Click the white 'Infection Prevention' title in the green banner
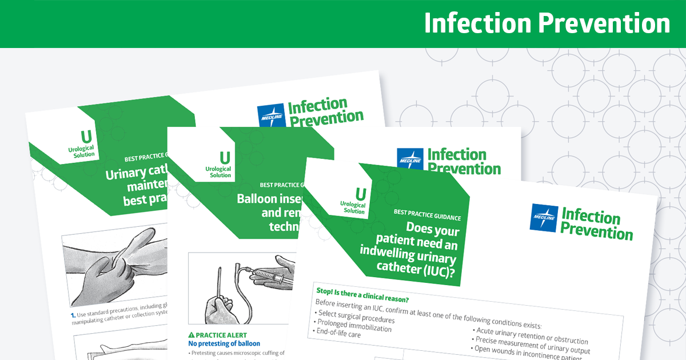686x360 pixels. [x=547, y=24]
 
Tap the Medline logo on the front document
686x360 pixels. [x=544, y=218]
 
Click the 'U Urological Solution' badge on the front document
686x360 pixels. [x=354, y=200]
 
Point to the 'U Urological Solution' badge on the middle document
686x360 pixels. [x=220, y=165]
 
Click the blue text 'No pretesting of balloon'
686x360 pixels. [x=224, y=343]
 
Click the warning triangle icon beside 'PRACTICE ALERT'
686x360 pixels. [x=192, y=334]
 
